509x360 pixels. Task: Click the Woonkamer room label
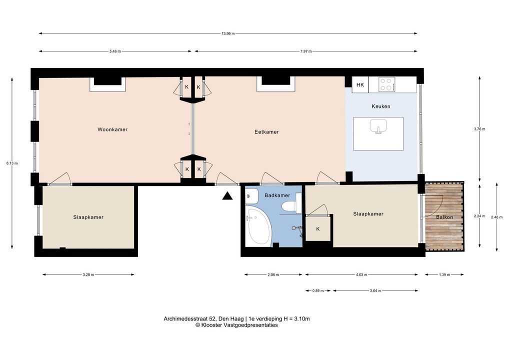(x=112, y=129)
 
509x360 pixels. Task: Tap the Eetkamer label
(x=266, y=132)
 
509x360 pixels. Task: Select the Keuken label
(x=381, y=106)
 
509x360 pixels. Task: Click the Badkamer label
(x=277, y=195)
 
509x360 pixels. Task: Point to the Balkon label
(x=444, y=217)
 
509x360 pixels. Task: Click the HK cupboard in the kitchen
(x=360, y=84)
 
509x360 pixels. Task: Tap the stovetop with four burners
(x=387, y=84)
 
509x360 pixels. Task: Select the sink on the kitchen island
(x=378, y=126)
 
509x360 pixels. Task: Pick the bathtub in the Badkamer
(x=257, y=226)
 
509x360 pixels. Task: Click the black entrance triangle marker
(x=228, y=195)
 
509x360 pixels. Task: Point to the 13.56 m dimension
(x=228, y=33)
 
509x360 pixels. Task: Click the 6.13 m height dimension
(x=12, y=163)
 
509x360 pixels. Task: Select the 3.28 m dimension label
(x=88, y=274)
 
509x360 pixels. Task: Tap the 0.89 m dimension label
(x=318, y=291)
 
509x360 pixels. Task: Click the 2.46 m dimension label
(x=496, y=217)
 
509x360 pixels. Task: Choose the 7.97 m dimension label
(x=306, y=51)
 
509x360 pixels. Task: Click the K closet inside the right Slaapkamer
(x=318, y=228)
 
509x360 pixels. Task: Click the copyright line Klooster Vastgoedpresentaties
(x=236, y=325)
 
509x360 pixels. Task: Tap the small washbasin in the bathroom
(x=251, y=196)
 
